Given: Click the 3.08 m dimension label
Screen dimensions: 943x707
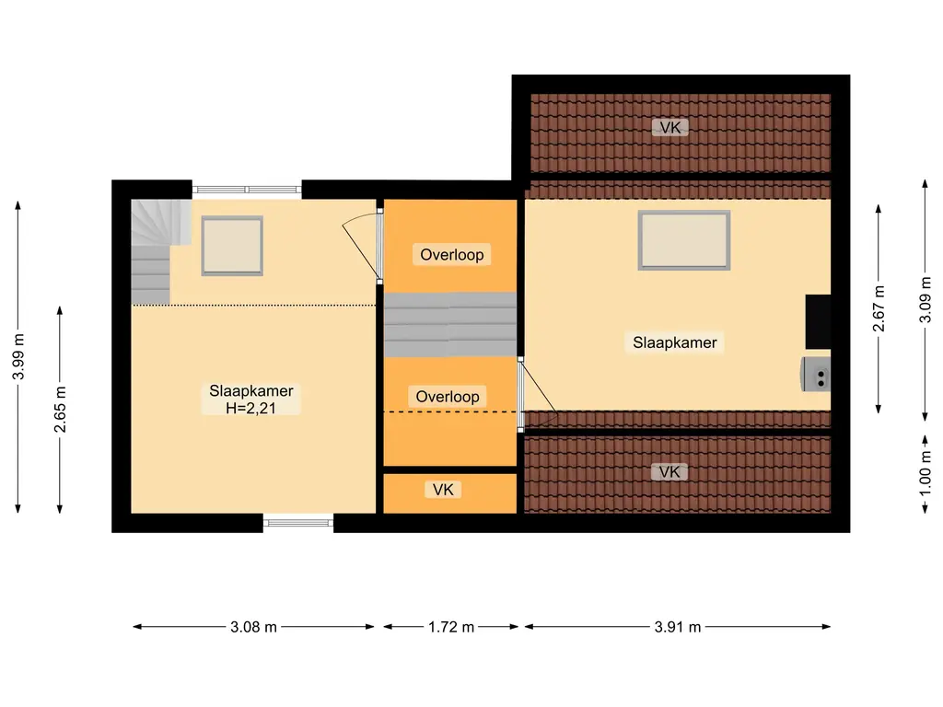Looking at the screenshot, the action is coord(253,627).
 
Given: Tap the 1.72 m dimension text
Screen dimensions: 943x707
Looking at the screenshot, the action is coord(451,627).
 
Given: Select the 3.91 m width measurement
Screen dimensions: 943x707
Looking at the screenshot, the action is coord(678,627).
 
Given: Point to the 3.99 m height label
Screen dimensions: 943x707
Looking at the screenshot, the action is coord(18,356).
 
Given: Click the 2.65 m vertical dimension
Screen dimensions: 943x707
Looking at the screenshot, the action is coord(60,410).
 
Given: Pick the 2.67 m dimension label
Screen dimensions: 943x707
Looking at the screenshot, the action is coord(879,308).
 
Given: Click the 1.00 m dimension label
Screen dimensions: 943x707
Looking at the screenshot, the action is coord(925,474).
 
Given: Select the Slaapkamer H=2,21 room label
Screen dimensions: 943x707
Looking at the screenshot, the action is coord(251,400).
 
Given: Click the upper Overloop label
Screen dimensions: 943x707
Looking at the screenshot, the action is coord(451,255).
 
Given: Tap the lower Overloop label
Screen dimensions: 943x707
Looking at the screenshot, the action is coord(448,397).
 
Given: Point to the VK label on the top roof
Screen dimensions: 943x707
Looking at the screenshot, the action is coord(670,127).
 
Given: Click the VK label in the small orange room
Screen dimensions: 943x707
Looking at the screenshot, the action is coord(443,490).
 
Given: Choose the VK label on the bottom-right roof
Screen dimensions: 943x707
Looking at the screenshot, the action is coord(669,472).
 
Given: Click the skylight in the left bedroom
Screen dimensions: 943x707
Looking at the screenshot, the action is coord(232,246).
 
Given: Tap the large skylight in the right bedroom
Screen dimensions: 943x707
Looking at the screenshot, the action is coord(684,240).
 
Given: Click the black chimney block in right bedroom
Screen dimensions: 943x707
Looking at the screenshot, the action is coord(818,321).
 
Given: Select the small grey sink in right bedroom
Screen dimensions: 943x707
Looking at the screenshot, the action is coord(816,375).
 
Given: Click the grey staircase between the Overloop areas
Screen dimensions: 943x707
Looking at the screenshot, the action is coord(449,325).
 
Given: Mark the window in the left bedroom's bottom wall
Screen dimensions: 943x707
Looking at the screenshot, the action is coord(298,523).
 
